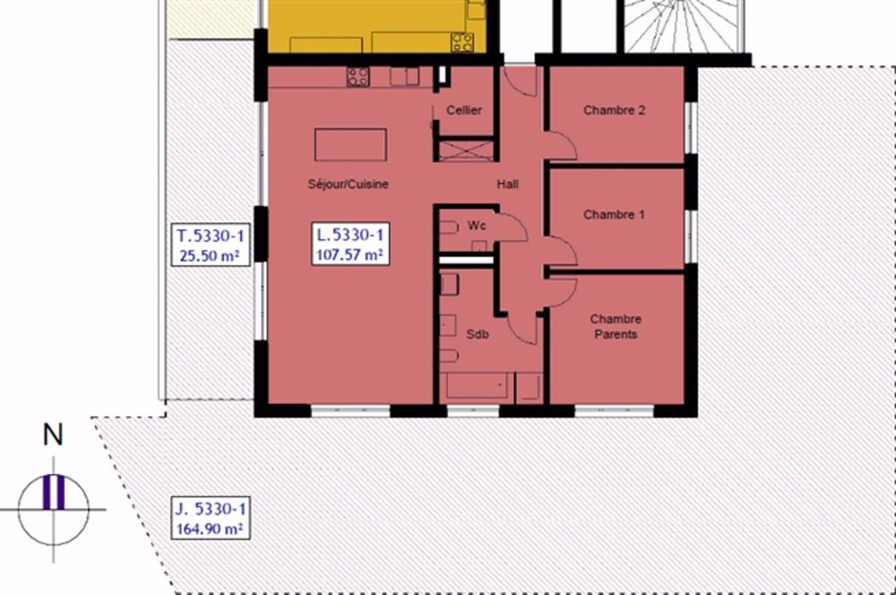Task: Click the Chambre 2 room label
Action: (615, 110)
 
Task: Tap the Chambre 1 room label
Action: (615, 215)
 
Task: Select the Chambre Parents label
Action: (616, 326)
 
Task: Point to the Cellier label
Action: (464, 110)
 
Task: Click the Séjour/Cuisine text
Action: (348, 184)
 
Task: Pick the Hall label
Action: (507, 184)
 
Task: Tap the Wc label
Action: (477, 226)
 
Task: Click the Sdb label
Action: (478, 334)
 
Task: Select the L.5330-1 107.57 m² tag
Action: (350, 244)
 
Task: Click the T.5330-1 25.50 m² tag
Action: (211, 246)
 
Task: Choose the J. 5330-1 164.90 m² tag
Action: (211, 518)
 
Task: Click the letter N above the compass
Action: (53, 435)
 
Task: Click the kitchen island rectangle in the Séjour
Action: (350, 144)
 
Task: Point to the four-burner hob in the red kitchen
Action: (358, 76)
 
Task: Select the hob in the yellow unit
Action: (462, 42)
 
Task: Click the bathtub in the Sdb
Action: (478, 387)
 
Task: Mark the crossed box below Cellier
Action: (466, 151)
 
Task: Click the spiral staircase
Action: (684, 26)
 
